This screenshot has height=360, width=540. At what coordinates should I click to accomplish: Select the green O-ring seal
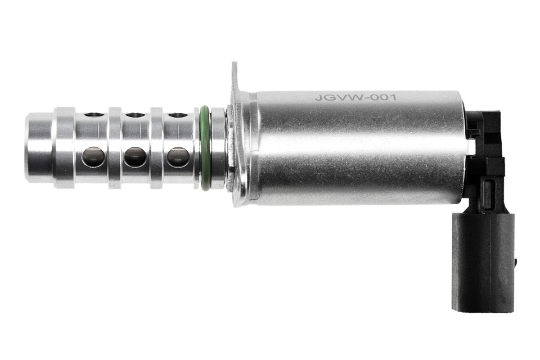tap(204, 148)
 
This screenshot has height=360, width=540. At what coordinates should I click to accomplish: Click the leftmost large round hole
tap(94, 157)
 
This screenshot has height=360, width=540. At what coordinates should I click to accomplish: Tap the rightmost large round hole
tap(178, 157)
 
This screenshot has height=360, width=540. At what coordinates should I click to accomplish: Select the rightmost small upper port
tap(178, 115)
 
